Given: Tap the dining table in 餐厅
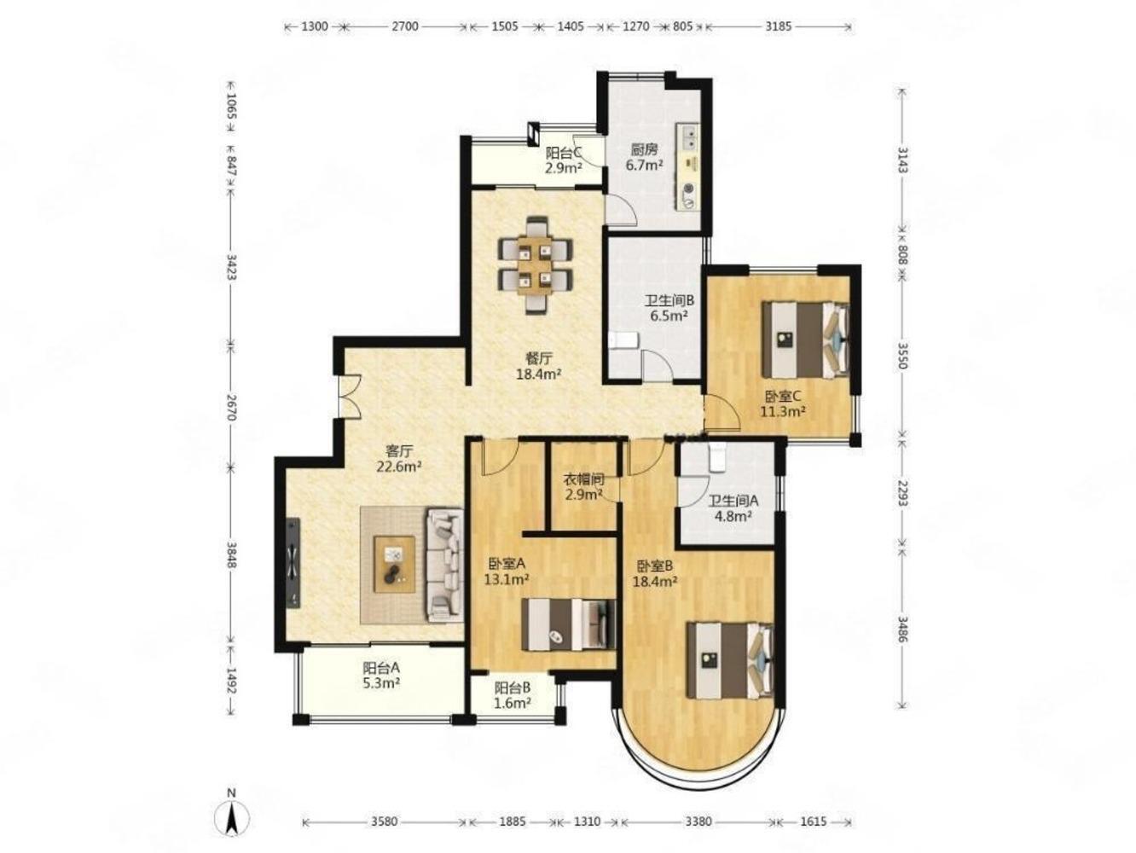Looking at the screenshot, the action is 535,266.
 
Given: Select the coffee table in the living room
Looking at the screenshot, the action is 394,564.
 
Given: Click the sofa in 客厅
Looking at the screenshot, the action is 444,564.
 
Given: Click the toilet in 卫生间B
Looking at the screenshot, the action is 623,340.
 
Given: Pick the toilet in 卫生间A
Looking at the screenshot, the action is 717,456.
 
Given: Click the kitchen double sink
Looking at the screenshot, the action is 689,136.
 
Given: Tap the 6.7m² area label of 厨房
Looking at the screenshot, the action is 644,165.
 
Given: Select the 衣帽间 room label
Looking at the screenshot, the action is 584,479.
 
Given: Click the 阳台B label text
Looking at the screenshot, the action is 512,688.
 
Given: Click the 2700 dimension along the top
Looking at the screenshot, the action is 404,26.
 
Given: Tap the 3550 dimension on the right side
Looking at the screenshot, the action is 902,355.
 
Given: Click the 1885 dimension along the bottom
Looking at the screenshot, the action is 513,821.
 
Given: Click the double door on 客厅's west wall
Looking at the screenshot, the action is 348,395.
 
